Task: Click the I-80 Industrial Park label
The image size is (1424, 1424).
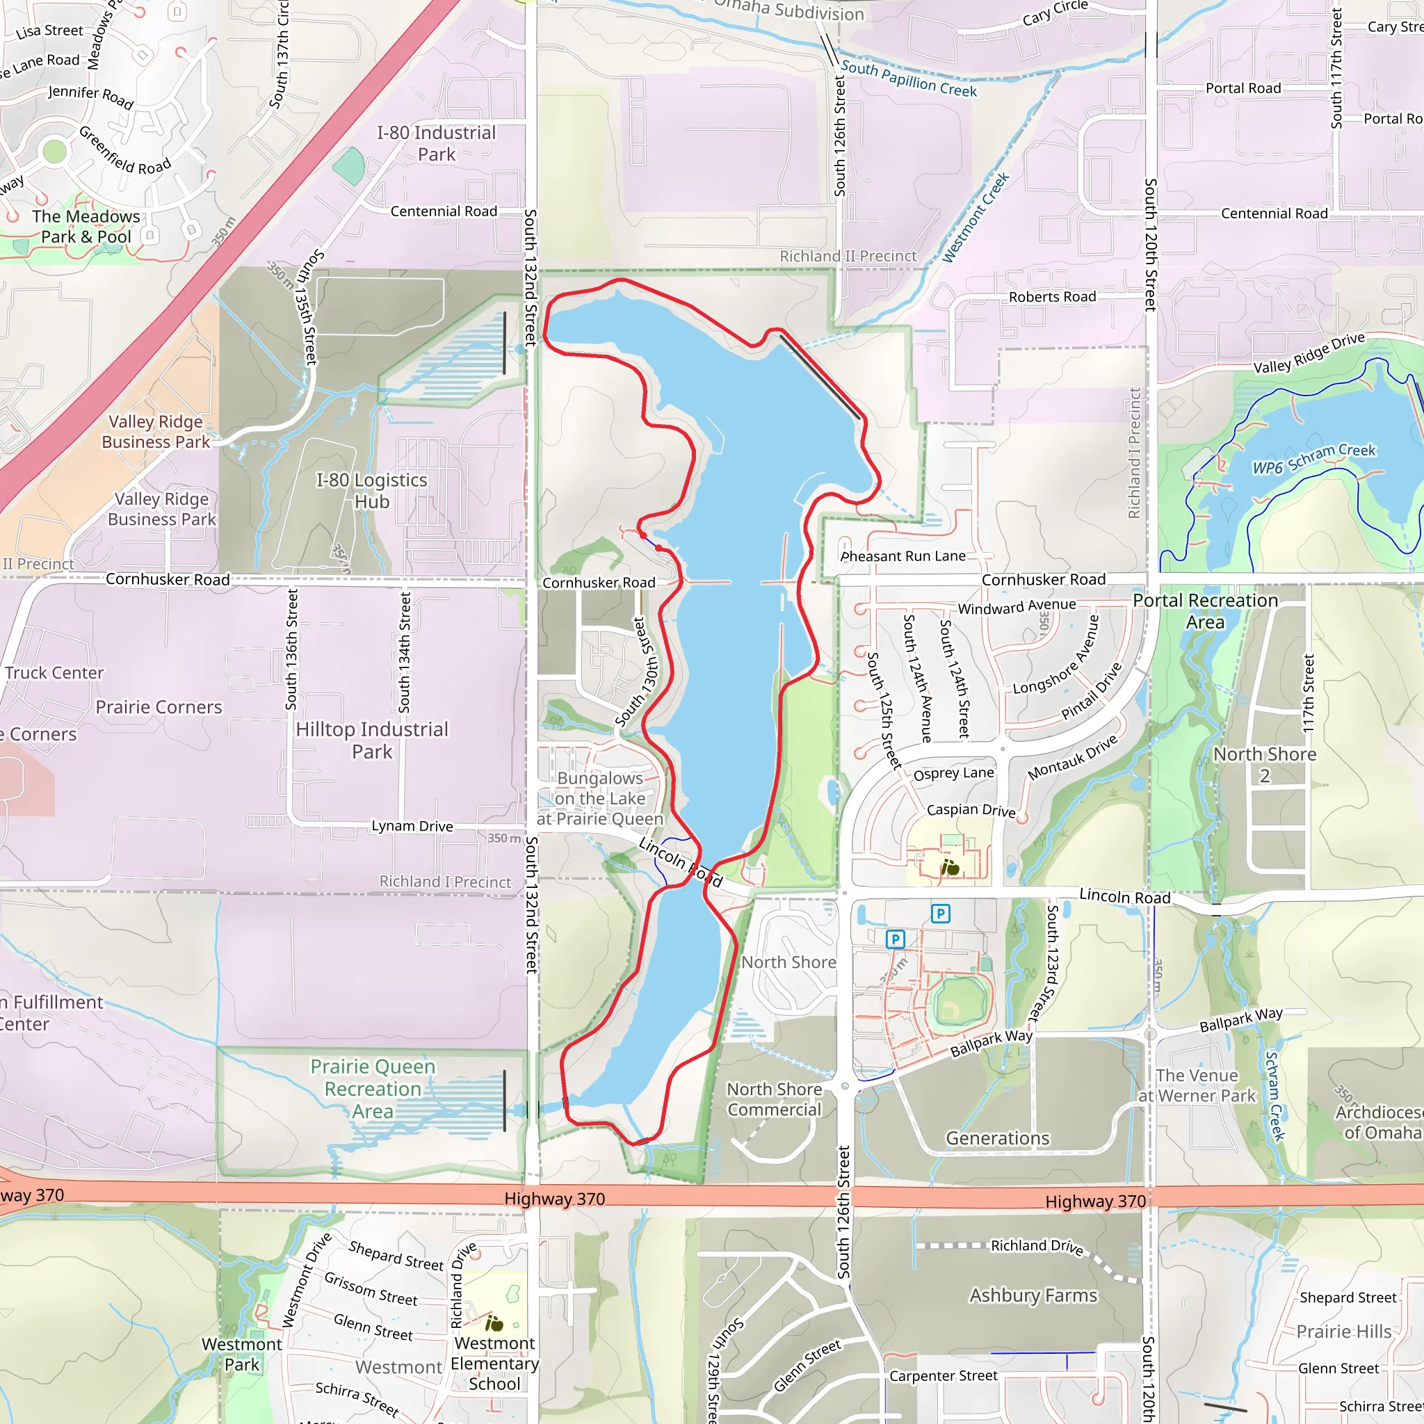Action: tap(437, 143)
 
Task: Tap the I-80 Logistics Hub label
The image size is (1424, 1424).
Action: tap(371, 490)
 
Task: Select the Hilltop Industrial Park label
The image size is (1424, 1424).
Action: tap(372, 740)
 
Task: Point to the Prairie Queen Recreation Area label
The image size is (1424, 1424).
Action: tap(373, 1089)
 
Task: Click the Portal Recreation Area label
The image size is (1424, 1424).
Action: tap(1205, 611)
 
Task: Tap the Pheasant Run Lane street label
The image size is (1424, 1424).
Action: tap(903, 556)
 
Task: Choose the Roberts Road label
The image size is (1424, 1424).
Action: tap(1052, 297)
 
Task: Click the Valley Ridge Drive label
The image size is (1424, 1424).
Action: tap(1309, 353)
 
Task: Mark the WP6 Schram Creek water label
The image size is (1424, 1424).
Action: tap(1313, 458)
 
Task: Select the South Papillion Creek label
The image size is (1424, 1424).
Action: tap(908, 79)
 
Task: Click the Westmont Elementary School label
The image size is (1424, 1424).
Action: tap(494, 1364)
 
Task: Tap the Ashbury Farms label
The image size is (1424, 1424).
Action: tap(1033, 1295)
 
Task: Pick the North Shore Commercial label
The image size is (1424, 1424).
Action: tap(774, 1099)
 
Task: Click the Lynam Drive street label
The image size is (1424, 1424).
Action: tap(412, 826)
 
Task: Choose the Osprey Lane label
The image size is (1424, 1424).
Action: tap(953, 773)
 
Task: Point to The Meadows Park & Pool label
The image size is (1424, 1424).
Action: tap(86, 226)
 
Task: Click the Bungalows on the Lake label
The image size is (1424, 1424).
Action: tap(600, 798)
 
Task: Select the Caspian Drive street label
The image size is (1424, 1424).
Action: tap(971, 810)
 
